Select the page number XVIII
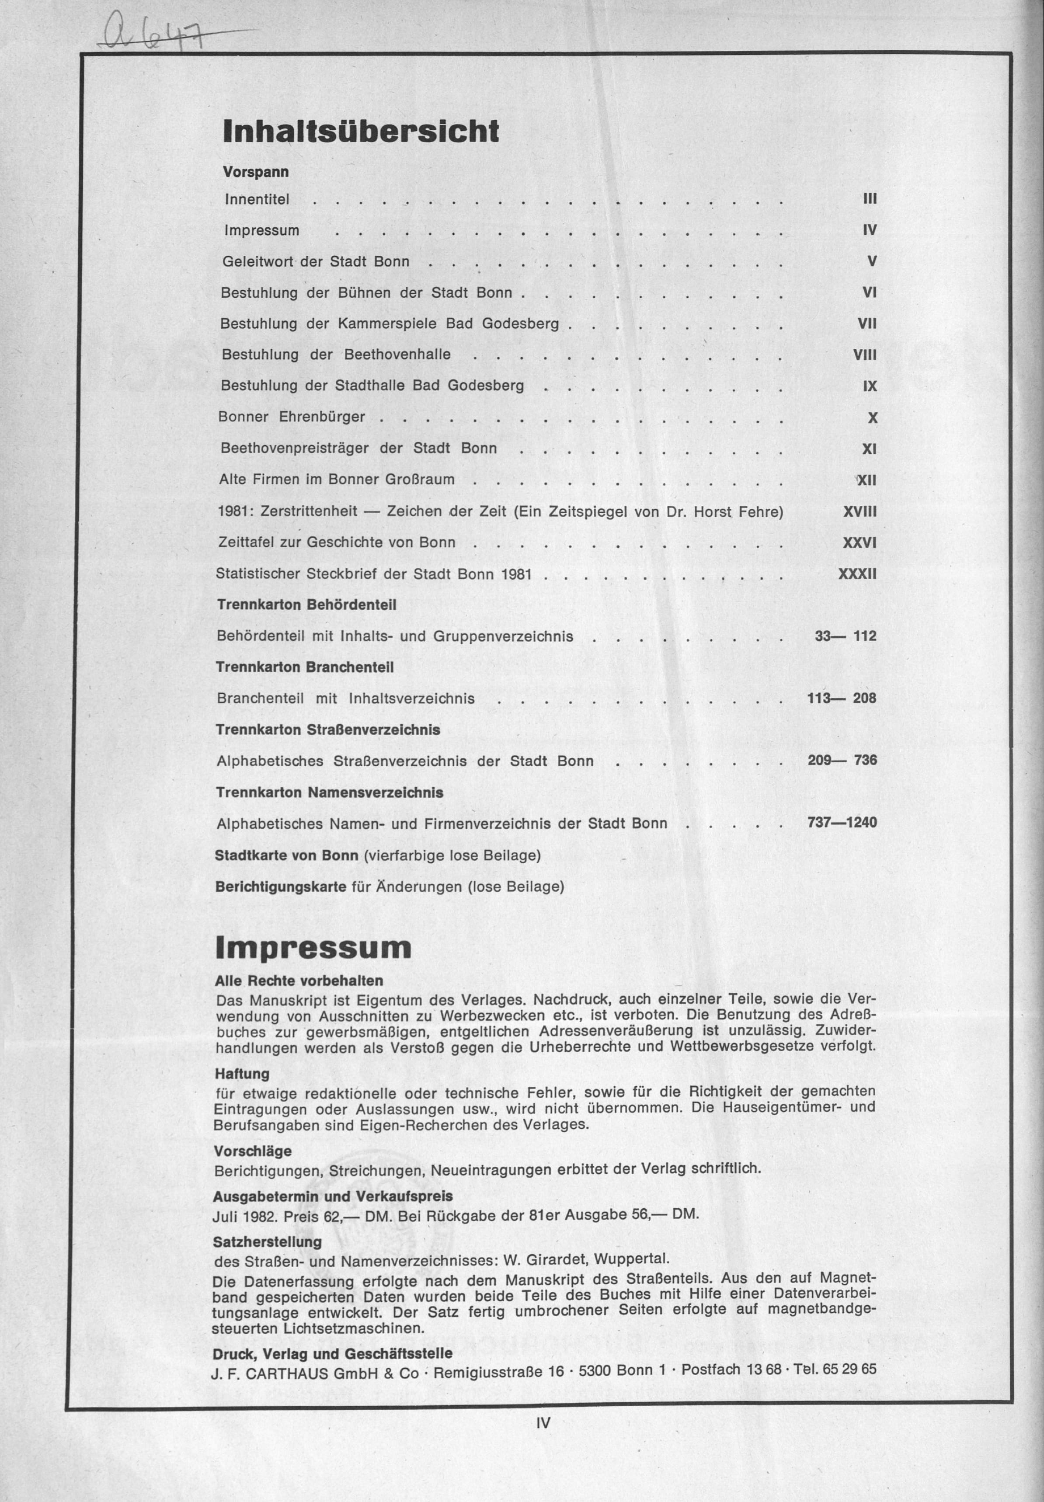click(x=860, y=512)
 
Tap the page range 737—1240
click(x=842, y=822)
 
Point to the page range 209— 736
click(x=842, y=760)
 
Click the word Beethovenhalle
click(x=397, y=355)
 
